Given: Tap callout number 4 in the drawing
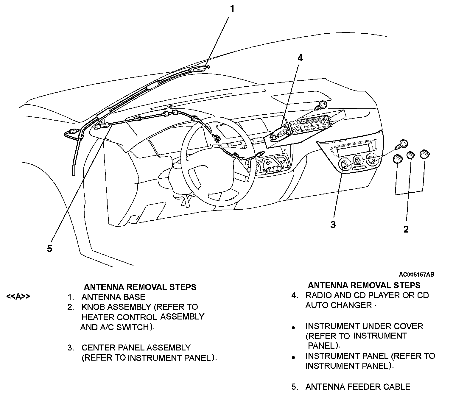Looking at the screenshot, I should pyautogui.click(x=300, y=58).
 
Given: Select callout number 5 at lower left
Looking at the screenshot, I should pyautogui.click(x=49, y=248).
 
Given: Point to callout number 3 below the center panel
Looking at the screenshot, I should pyautogui.click(x=333, y=225).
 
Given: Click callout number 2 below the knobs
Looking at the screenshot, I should pyautogui.click(x=406, y=229).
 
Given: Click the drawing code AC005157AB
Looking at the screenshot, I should pyautogui.click(x=417, y=275).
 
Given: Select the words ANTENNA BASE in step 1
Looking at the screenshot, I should pyautogui.click(x=113, y=297).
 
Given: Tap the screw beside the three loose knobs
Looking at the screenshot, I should pyautogui.click(x=403, y=143).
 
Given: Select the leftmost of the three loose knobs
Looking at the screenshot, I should pyautogui.click(x=398, y=159).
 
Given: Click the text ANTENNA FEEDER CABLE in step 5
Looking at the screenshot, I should pyautogui.click(x=358, y=387).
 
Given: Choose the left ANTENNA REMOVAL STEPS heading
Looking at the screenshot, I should pyautogui.click(x=140, y=287).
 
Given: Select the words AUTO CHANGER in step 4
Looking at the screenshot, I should pyautogui.click(x=339, y=305).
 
